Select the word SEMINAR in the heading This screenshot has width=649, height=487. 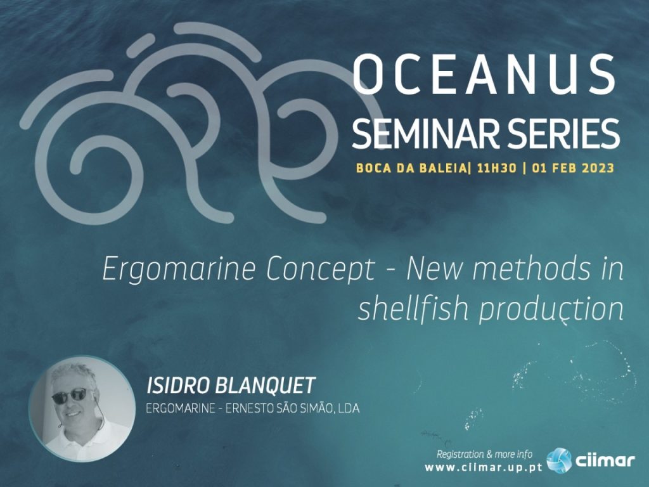[x=420, y=133]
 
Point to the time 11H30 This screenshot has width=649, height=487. [x=496, y=168]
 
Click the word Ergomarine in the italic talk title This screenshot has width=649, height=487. [x=179, y=270]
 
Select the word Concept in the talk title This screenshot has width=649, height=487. [x=320, y=270]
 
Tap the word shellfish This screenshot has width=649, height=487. [x=413, y=309]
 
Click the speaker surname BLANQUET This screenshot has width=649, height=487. [x=266, y=386]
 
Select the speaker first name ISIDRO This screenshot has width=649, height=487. [x=178, y=386]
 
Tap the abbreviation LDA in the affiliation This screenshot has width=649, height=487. [x=349, y=409]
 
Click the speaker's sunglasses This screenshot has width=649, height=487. [x=70, y=395]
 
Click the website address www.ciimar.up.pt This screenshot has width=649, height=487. [x=484, y=468]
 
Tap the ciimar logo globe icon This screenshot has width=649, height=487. [x=559, y=460]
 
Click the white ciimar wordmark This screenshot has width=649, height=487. [x=605, y=460]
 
